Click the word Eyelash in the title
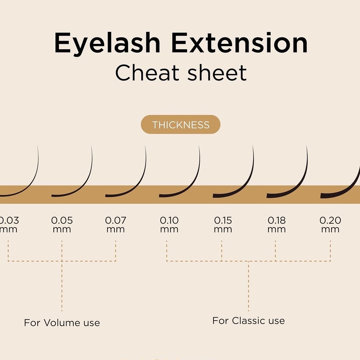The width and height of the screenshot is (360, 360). pos(107,44)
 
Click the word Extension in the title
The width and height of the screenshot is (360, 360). pos(239,44)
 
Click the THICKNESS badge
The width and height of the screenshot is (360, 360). pos(181,125)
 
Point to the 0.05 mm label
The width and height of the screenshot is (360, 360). pos(62,224)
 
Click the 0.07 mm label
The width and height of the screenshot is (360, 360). pos(115,224)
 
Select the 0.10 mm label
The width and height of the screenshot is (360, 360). pos(169,224)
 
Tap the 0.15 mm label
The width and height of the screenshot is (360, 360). pos(223,224)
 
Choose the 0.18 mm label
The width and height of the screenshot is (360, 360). pos(276,224)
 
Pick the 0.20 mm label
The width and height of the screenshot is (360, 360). pos(330,224)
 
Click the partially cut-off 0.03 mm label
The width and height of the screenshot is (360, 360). pos(9,224)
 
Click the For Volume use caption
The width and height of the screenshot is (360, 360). pos(62,323)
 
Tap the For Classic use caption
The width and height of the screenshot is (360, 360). pos(248,321)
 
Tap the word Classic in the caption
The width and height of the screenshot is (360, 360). pos(249,321)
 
